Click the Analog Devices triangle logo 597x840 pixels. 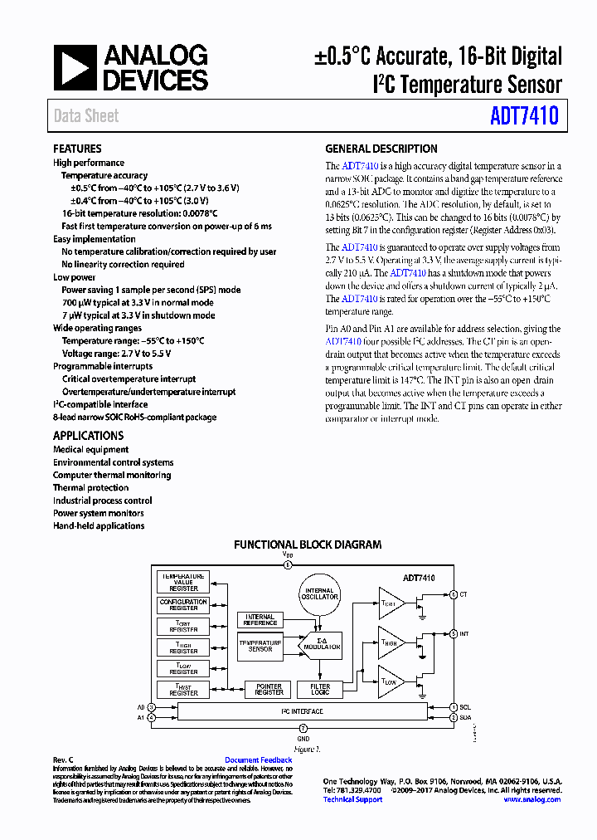click(x=75, y=67)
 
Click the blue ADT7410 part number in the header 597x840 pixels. click(x=524, y=117)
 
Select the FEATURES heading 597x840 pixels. click(x=77, y=149)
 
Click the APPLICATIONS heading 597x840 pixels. click(x=88, y=436)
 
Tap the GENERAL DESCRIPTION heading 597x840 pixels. click(x=381, y=149)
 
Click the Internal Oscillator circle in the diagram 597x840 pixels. click(x=319, y=594)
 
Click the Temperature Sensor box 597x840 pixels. click(x=260, y=646)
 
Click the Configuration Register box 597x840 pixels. click(x=183, y=605)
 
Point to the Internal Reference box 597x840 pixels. click(x=260, y=620)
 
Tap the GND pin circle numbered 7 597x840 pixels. click(x=303, y=728)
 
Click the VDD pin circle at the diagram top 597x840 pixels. click(x=287, y=564)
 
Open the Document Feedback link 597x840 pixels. click(x=258, y=760)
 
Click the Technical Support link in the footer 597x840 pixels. click(x=352, y=799)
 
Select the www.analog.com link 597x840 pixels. click(x=531, y=799)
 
